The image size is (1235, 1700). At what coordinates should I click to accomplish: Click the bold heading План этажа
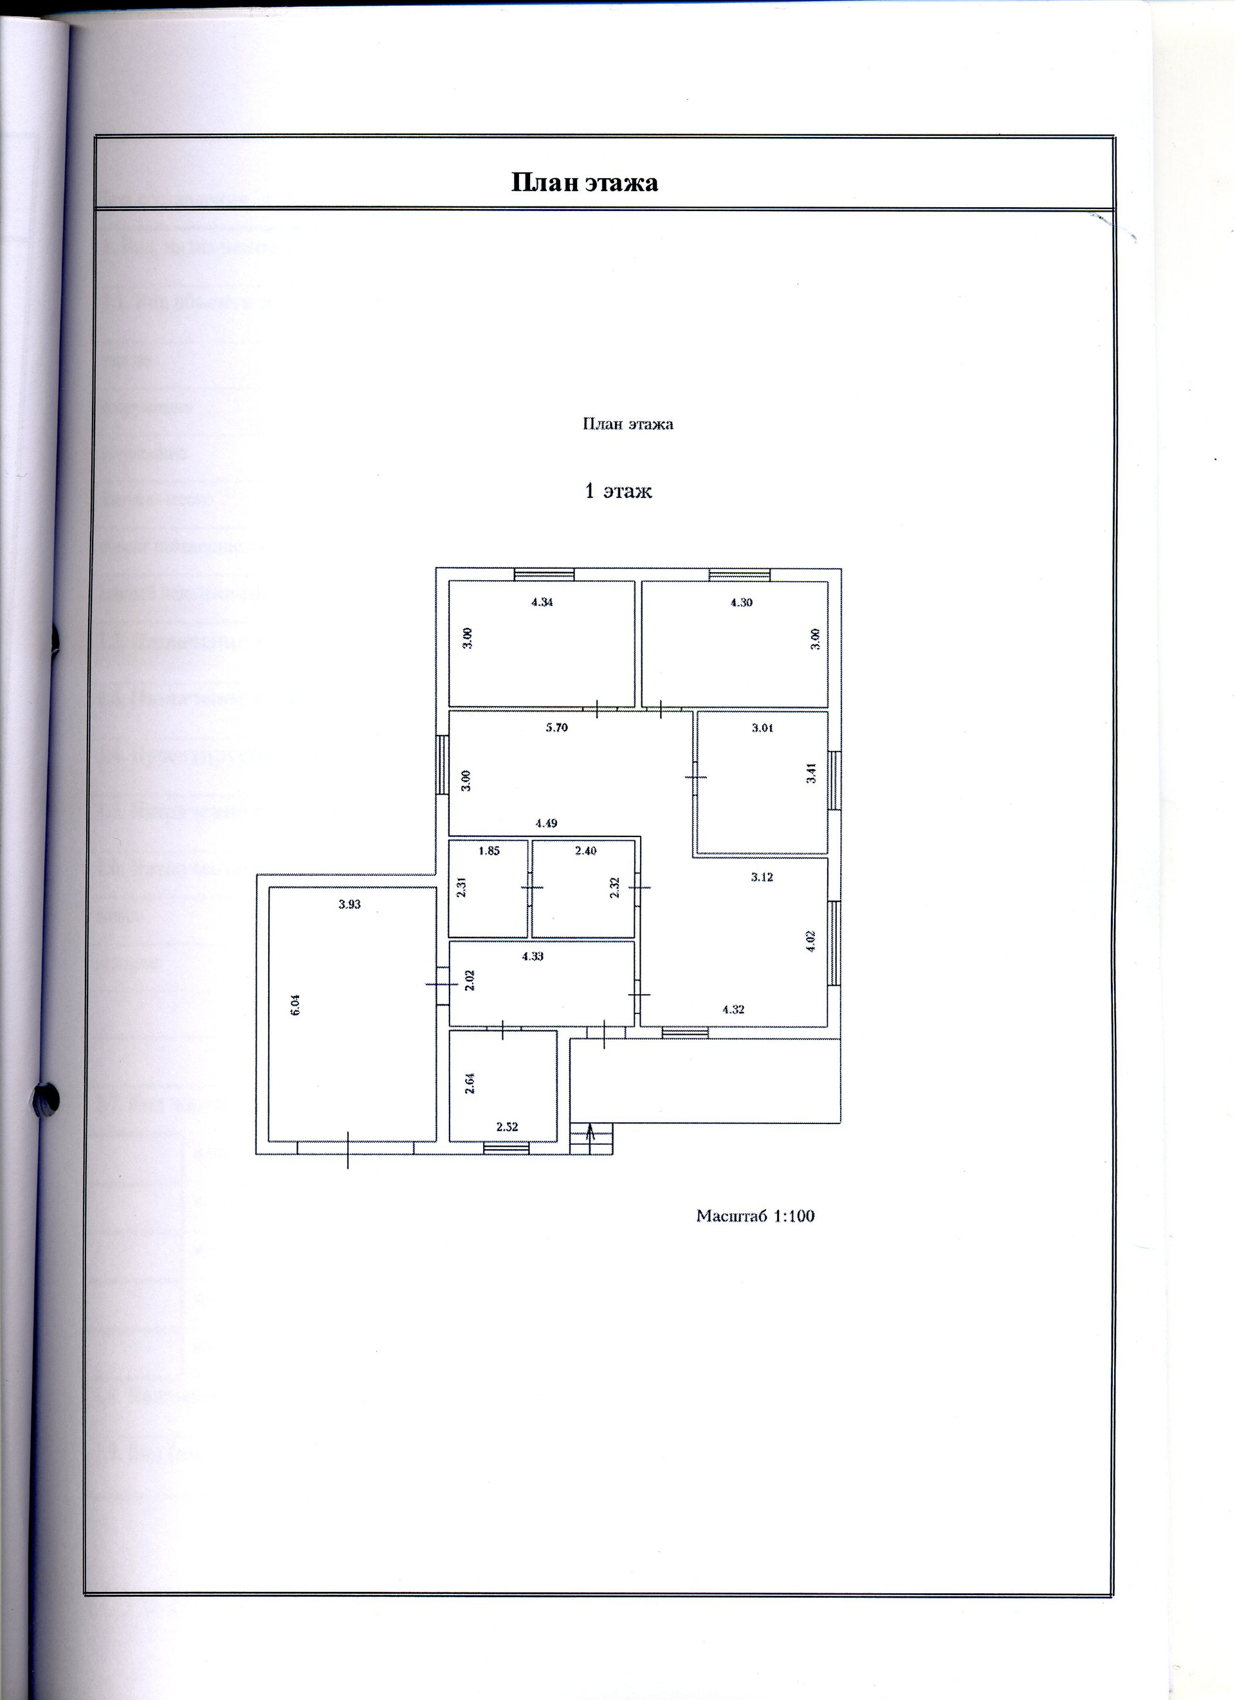coord(585,183)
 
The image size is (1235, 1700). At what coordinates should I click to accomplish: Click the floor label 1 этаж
coord(618,492)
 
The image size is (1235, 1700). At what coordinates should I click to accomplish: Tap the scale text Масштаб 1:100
coord(755,1215)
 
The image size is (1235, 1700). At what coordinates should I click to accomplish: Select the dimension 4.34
coord(542,601)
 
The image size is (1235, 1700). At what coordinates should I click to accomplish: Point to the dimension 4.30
coord(741,602)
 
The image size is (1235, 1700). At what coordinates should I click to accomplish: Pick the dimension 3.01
coord(763,727)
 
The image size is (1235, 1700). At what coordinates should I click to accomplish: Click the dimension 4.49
coord(546,823)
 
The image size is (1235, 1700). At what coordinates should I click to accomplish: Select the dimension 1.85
coord(489,851)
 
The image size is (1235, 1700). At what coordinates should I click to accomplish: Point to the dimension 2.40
coord(586,851)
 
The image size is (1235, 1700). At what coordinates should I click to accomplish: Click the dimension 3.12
coord(762,876)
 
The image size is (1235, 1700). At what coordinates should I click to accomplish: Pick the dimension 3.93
coord(349,905)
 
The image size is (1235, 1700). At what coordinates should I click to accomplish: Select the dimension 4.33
coord(533,956)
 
